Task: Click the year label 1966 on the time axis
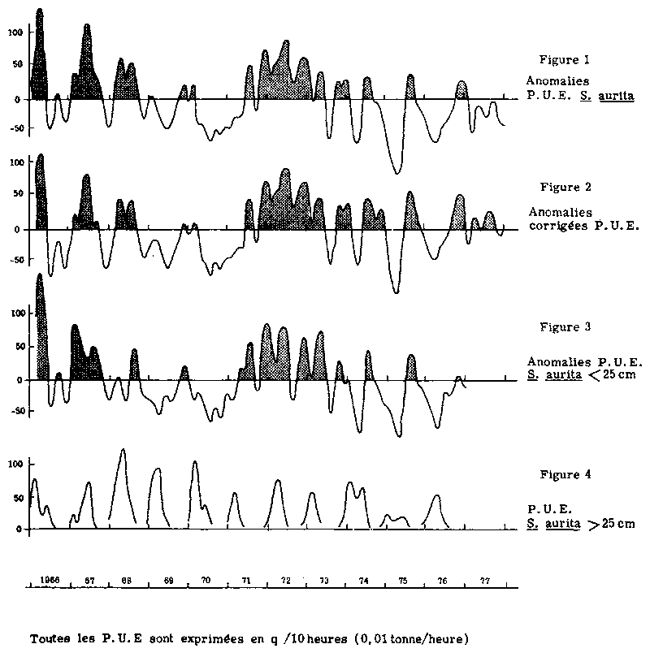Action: click(50, 581)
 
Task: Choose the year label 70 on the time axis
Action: click(206, 581)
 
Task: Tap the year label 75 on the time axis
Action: click(402, 581)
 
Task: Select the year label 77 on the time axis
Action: click(484, 581)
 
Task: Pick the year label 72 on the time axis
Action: click(285, 581)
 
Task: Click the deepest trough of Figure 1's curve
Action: click(396, 172)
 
